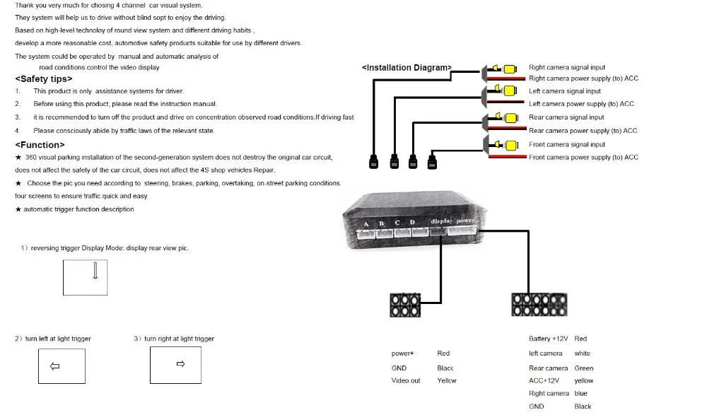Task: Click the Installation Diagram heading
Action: coord(407,68)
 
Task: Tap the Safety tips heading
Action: coord(44,79)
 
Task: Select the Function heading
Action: coord(40,145)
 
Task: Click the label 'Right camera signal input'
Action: coord(567,67)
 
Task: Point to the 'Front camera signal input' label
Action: coord(567,144)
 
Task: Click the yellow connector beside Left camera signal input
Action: coord(510,90)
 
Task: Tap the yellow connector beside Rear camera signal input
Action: coord(511,118)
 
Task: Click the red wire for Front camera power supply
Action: coord(507,156)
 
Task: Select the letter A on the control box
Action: coord(366,223)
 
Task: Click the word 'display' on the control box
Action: coord(441,221)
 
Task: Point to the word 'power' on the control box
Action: coord(465,221)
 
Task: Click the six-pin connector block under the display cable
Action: coord(405,305)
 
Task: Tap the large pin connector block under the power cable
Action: coord(539,305)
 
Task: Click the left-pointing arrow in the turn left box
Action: coord(54,366)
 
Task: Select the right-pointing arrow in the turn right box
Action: coord(181,363)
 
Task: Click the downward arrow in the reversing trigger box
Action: coord(95,271)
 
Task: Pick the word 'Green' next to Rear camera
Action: coord(584,368)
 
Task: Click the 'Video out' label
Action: coord(406,381)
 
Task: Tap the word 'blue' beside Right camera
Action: coord(580,393)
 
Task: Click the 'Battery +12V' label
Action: coord(549,339)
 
